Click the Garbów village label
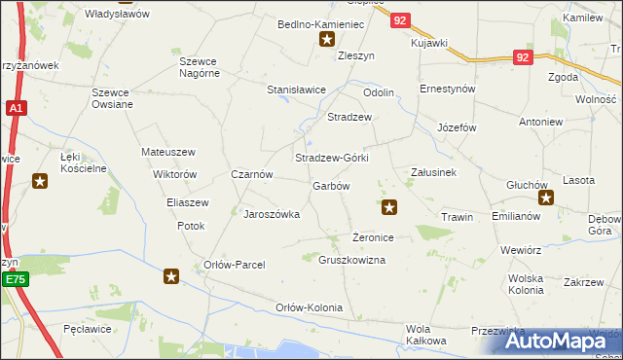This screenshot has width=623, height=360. tap(330, 185)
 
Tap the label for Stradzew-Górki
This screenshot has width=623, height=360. tap(332, 158)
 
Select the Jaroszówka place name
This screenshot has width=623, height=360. tap(271, 214)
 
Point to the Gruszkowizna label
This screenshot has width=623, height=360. tap(352, 260)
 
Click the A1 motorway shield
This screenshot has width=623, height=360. tap(16, 110)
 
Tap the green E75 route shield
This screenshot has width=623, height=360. tap(14, 280)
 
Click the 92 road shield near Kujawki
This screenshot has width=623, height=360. tap(399, 18)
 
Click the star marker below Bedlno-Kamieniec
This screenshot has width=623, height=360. tap(328, 40)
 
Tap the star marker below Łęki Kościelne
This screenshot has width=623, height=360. tap(40, 180)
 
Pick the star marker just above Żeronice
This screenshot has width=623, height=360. tap(389, 205)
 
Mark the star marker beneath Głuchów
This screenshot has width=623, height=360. tap(546, 199)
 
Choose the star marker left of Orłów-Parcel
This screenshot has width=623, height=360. tap(171, 276)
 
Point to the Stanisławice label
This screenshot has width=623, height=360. tap(296, 90)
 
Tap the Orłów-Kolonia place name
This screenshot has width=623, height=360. tap(310, 307)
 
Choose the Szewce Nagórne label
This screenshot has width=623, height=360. tap(204, 68)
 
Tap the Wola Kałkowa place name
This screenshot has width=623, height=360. tap(426, 334)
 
